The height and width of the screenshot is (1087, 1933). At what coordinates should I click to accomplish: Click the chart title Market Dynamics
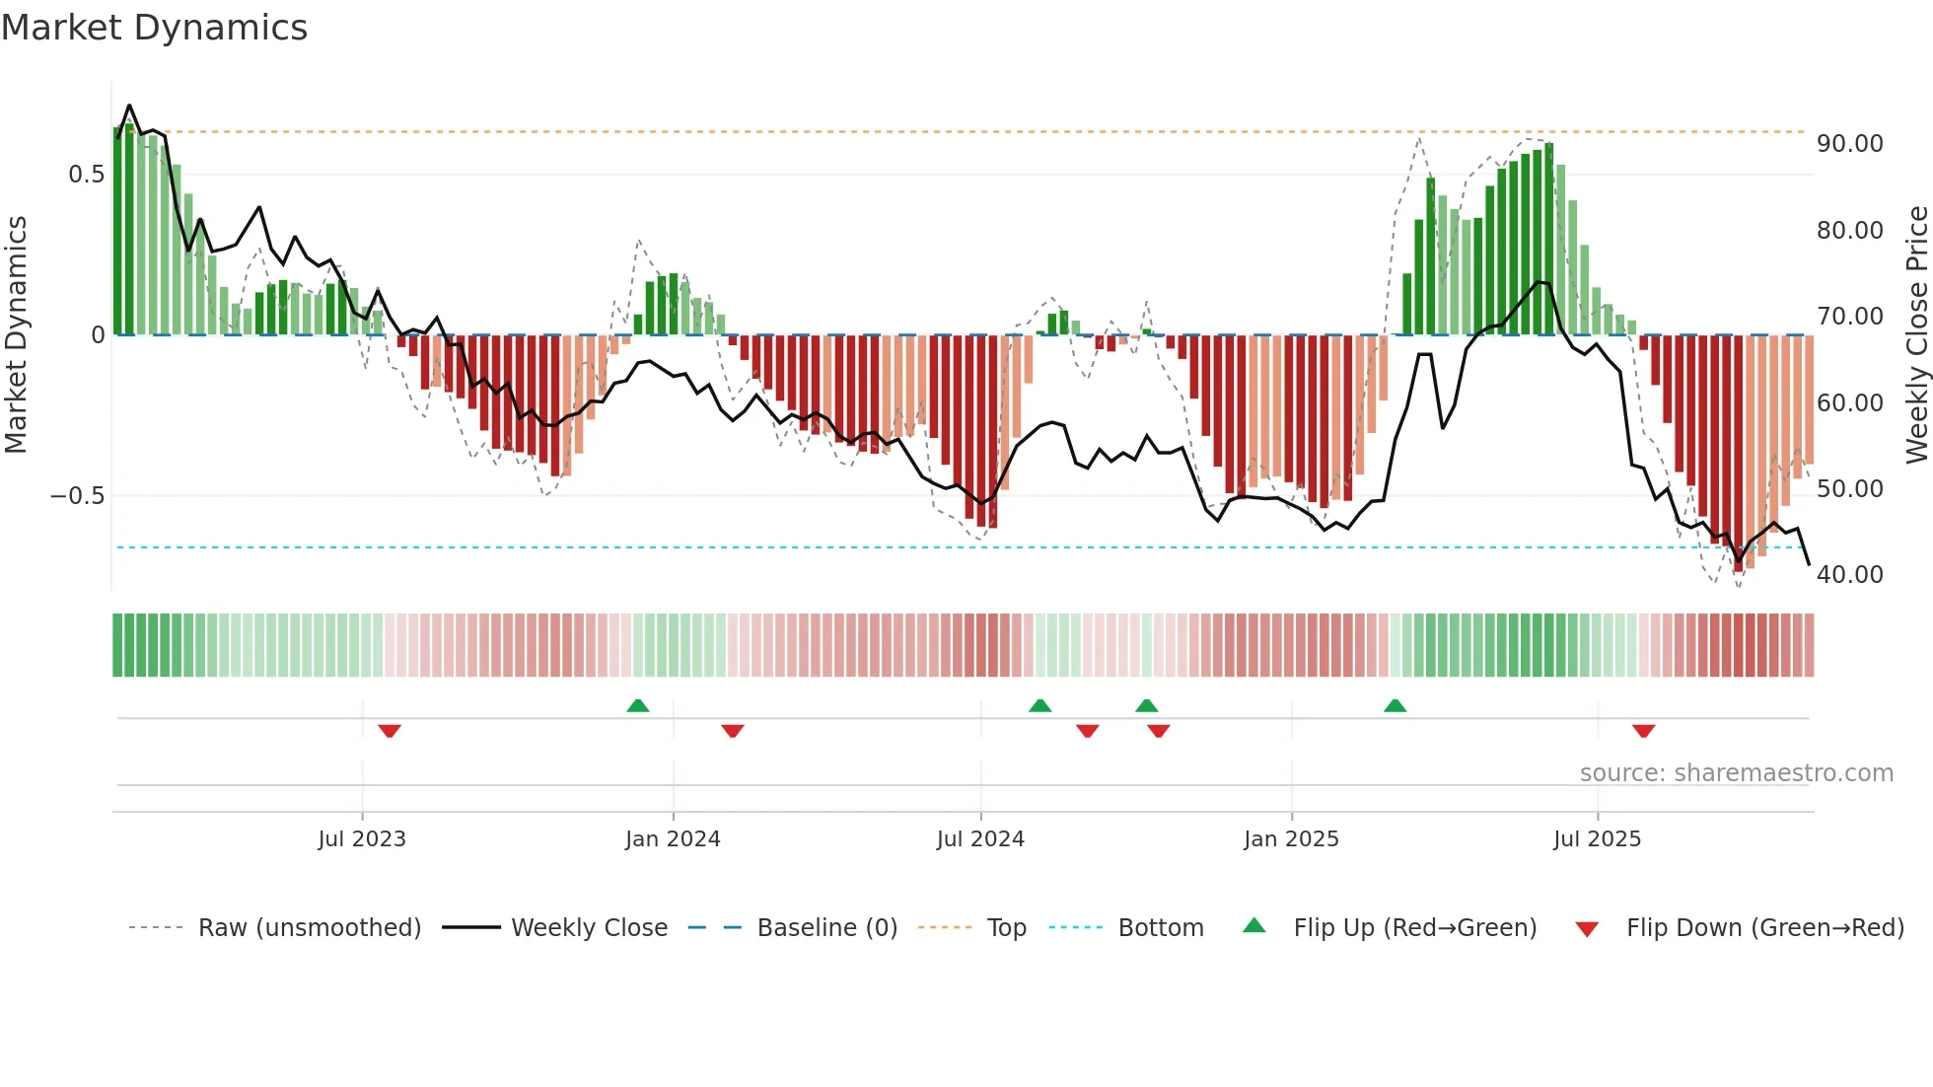[x=154, y=28]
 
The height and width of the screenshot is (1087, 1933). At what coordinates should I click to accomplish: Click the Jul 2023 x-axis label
[x=362, y=839]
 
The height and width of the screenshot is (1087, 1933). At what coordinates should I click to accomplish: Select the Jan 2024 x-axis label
[x=673, y=839]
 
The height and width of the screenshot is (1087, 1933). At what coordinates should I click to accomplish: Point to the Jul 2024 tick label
[x=980, y=839]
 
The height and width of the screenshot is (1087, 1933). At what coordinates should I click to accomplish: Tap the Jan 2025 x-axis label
[x=1291, y=839]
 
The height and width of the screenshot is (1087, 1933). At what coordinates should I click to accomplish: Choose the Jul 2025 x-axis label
[x=1597, y=839]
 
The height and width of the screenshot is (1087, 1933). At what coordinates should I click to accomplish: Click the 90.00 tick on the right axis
[x=1849, y=144]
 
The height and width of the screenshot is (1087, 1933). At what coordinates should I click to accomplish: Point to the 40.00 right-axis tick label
[x=1849, y=575]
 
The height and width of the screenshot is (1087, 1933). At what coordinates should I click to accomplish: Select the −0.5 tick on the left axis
[x=77, y=496]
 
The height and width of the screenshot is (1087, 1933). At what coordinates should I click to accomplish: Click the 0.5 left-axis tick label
[x=86, y=175]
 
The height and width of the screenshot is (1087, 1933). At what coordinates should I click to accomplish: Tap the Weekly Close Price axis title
[x=1916, y=334]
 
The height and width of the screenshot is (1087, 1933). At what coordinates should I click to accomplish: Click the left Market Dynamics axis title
[x=16, y=334]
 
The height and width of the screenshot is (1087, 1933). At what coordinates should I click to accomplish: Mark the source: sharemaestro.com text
[x=1736, y=773]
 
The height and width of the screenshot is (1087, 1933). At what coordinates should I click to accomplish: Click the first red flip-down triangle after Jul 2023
[x=390, y=731]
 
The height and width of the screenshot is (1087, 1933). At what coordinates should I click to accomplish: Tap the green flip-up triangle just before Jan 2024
[x=638, y=705]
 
